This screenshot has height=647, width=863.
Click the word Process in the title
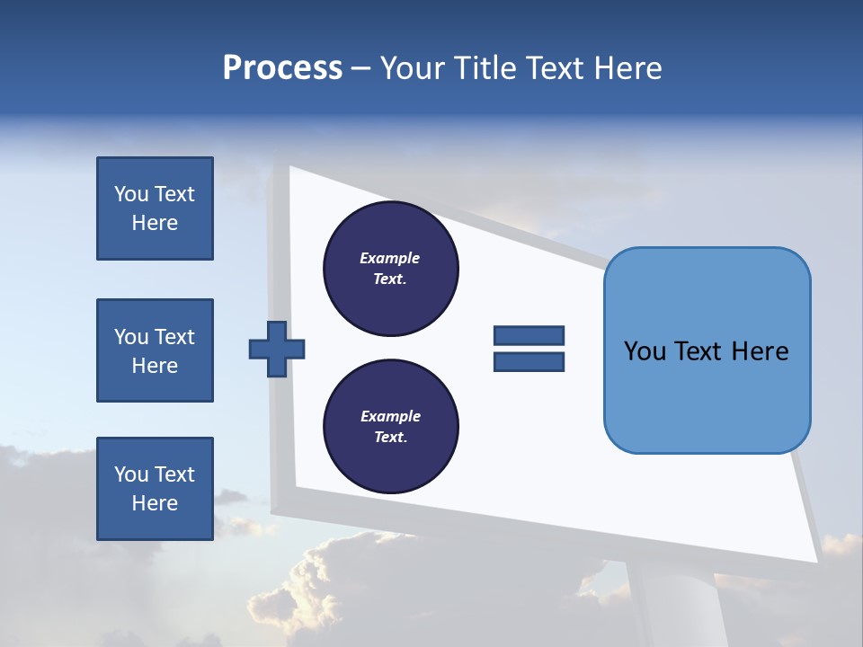(x=282, y=68)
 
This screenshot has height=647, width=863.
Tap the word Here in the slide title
(x=628, y=68)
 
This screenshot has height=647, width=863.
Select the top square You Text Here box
(x=155, y=208)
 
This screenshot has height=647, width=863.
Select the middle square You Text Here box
(x=155, y=350)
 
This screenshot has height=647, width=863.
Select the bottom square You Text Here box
(x=155, y=489)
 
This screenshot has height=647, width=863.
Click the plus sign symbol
(x=277, y=349)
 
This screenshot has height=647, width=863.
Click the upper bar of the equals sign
(x=529, y=335)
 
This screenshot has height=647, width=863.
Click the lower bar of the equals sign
(x=529, y=361)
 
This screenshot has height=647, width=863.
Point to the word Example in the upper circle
(x=390, y=258)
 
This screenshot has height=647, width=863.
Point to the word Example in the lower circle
(x=390, y=416)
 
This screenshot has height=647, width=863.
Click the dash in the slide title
(x=360, y=69)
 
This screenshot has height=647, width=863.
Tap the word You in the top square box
(x=130, y=194)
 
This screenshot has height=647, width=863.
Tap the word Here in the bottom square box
(x=155, y=503)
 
